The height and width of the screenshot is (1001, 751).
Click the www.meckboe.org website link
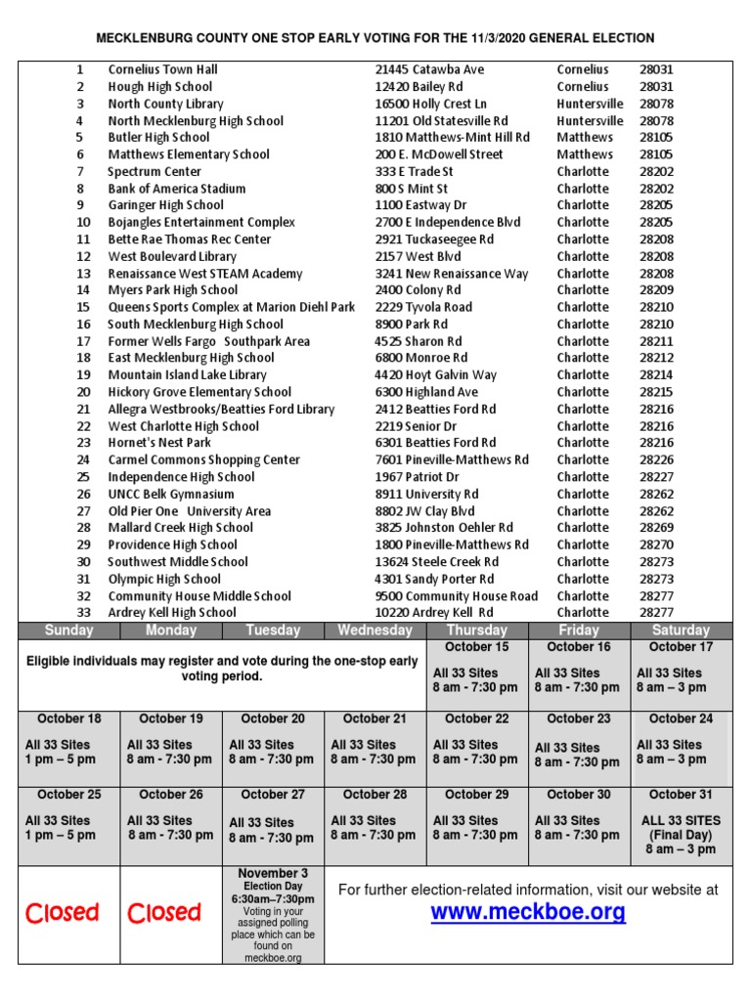[x=528, y=913]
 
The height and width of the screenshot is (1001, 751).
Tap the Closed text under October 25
[x=62, y=913]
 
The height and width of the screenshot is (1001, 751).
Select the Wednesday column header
[x=375, y=631]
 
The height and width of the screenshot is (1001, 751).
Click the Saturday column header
[x=681, y=631]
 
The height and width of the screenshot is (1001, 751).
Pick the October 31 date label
[x=681, y=795]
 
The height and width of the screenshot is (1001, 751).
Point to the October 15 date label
[x=476, y=647]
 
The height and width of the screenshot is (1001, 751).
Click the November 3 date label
[x=273, y=873]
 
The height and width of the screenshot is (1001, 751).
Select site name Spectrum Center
[x=155, y=171]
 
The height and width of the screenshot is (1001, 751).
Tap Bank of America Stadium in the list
[x=177, y=189]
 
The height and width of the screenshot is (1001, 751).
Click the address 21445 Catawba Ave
[x=429, y=69]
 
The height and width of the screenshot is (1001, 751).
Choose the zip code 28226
[x=657, y=459]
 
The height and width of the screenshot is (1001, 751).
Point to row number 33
[x=83, y=613]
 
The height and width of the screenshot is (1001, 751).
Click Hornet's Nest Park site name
[x=159, y=443]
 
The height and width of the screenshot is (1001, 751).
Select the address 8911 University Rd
[x=426, y=494]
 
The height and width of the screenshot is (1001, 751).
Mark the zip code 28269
[x=657, y=528]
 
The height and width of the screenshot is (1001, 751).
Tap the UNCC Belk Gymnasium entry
[x=171, y=494]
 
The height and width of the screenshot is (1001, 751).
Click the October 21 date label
[x=375, y=718]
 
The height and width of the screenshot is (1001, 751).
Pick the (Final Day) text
[x=681, y=836]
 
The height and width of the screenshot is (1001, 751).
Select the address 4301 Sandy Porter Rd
[x=434, y=579]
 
